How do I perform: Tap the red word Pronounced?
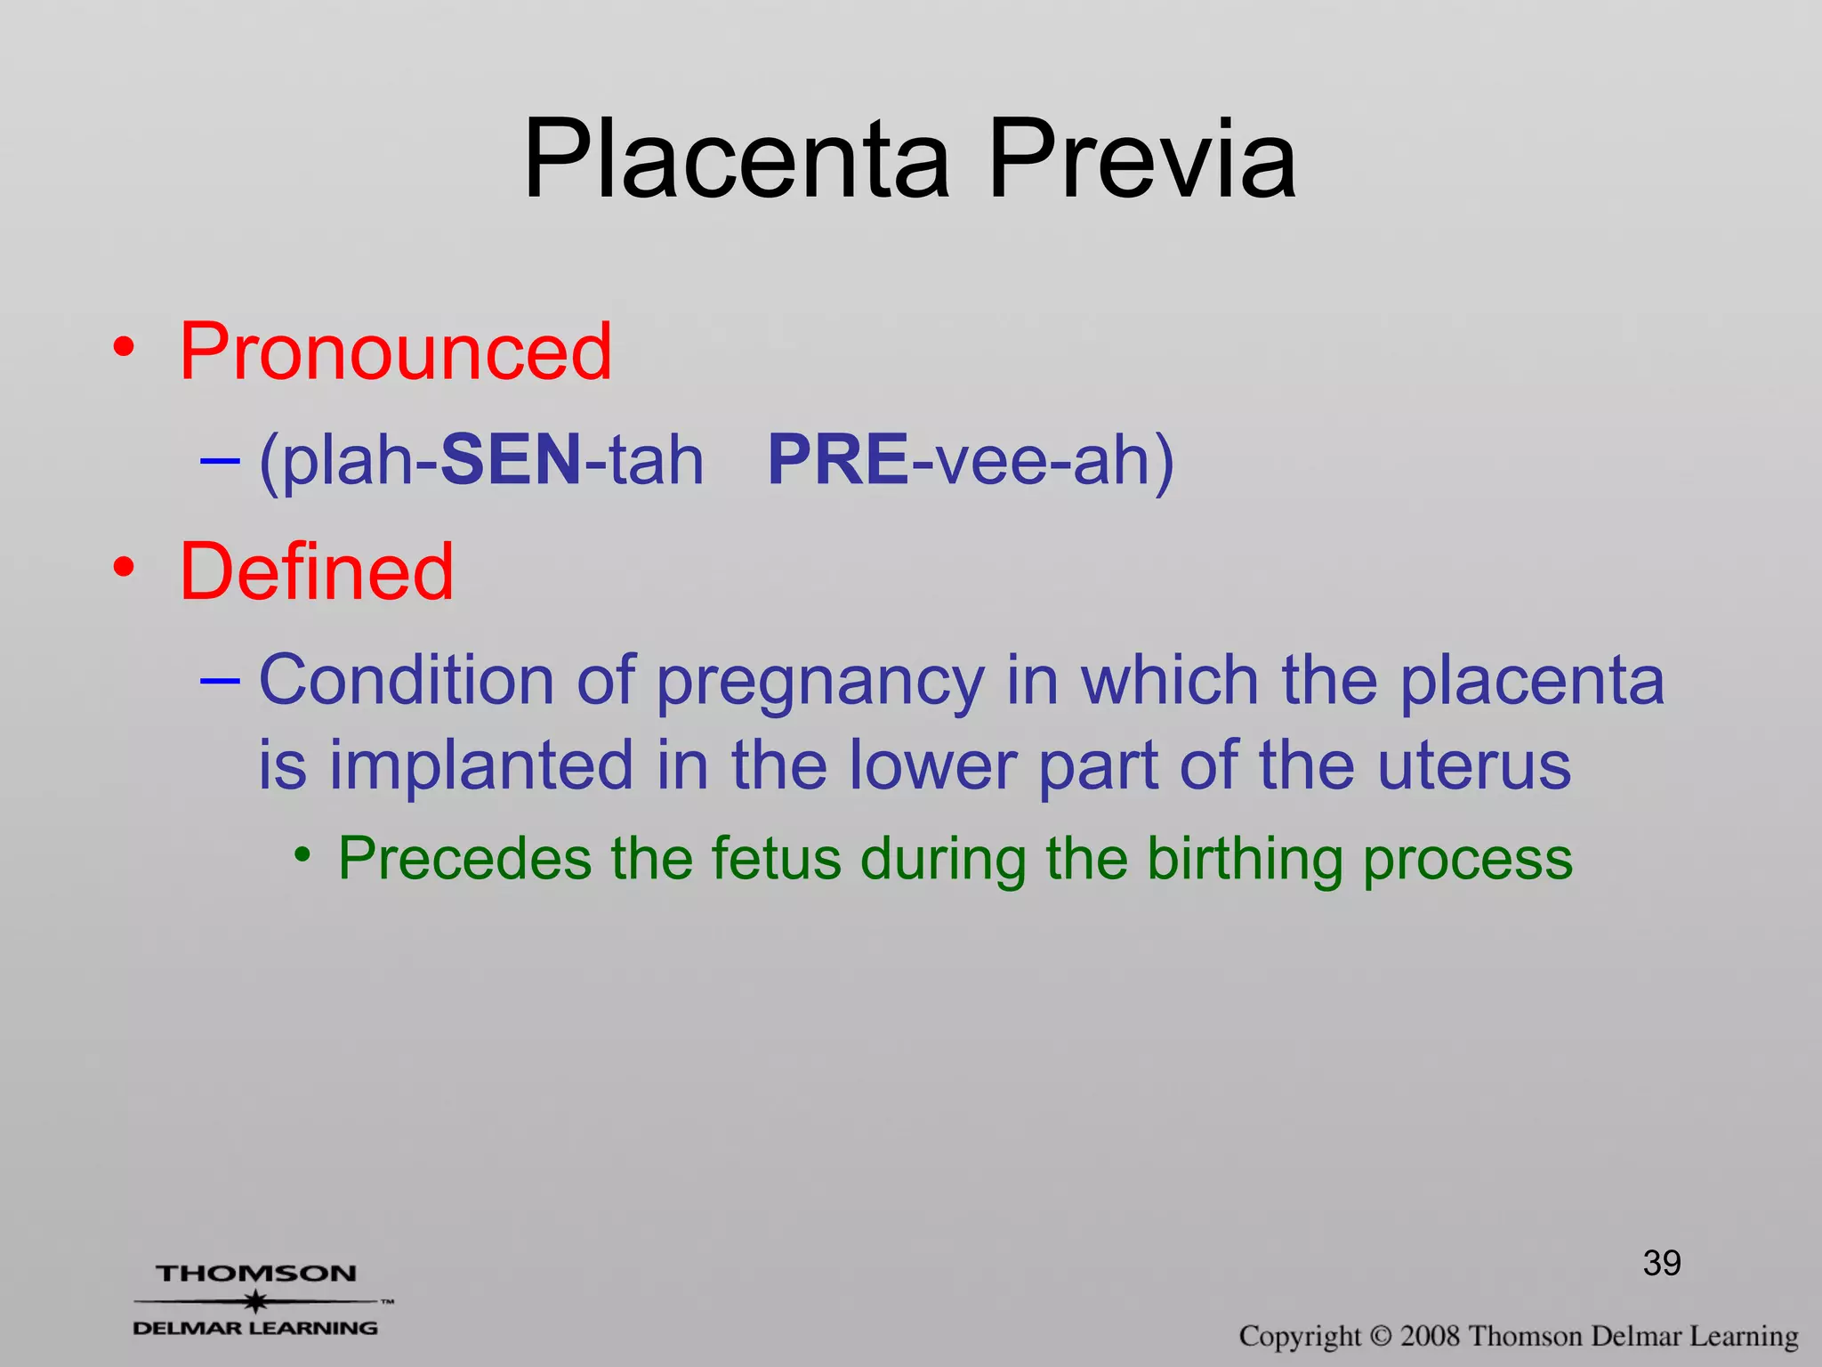pos(396,352)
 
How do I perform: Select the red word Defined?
pos(317,572)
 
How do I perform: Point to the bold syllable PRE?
pos(838,460)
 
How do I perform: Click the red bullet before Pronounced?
pos(125,347)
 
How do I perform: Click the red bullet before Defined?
pos(125,567)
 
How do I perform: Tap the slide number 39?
pos(1661,1263)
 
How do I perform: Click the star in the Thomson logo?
pos(256,1302)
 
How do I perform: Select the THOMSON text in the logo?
pos(256,1274)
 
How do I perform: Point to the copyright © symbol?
pos(1380,1336)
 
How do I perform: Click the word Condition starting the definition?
pos(407,680)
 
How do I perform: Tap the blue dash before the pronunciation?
pos(220,461)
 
